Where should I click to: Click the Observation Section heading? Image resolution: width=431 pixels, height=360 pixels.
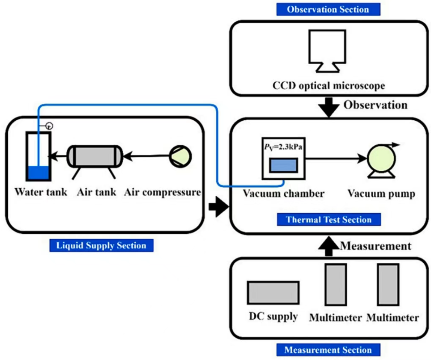click(x=328, y=9)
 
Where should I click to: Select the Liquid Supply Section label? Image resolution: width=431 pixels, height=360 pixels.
click(x=101, y=245)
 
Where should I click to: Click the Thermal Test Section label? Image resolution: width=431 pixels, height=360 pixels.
click(x=329, y=220)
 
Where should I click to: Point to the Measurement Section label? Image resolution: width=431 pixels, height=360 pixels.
click(x=328, y=350)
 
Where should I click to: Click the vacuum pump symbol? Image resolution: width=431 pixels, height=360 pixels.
click(x=382, y=160)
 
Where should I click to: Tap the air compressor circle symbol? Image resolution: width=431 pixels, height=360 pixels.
click(x=180, y=156)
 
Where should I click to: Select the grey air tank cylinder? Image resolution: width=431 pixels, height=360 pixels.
click(x=95, y=156)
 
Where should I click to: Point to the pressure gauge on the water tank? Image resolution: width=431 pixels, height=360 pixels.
click(x=49, y=126)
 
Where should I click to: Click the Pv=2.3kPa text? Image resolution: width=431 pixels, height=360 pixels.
click(x=283, y=147)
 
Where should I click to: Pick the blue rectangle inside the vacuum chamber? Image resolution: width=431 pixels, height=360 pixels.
click(x=283, y=165)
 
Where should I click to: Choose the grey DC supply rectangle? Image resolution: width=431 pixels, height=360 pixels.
click(x=273, y=292)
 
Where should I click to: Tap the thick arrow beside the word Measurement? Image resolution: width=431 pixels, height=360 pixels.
click(x=329, y=246)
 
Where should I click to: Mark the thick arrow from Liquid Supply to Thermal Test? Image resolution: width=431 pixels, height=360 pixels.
click(x=219, y=207)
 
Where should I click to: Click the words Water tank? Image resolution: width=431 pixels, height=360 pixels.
click(x=41, y=192)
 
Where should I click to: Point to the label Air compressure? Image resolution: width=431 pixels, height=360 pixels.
click(x=163, y=192)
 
